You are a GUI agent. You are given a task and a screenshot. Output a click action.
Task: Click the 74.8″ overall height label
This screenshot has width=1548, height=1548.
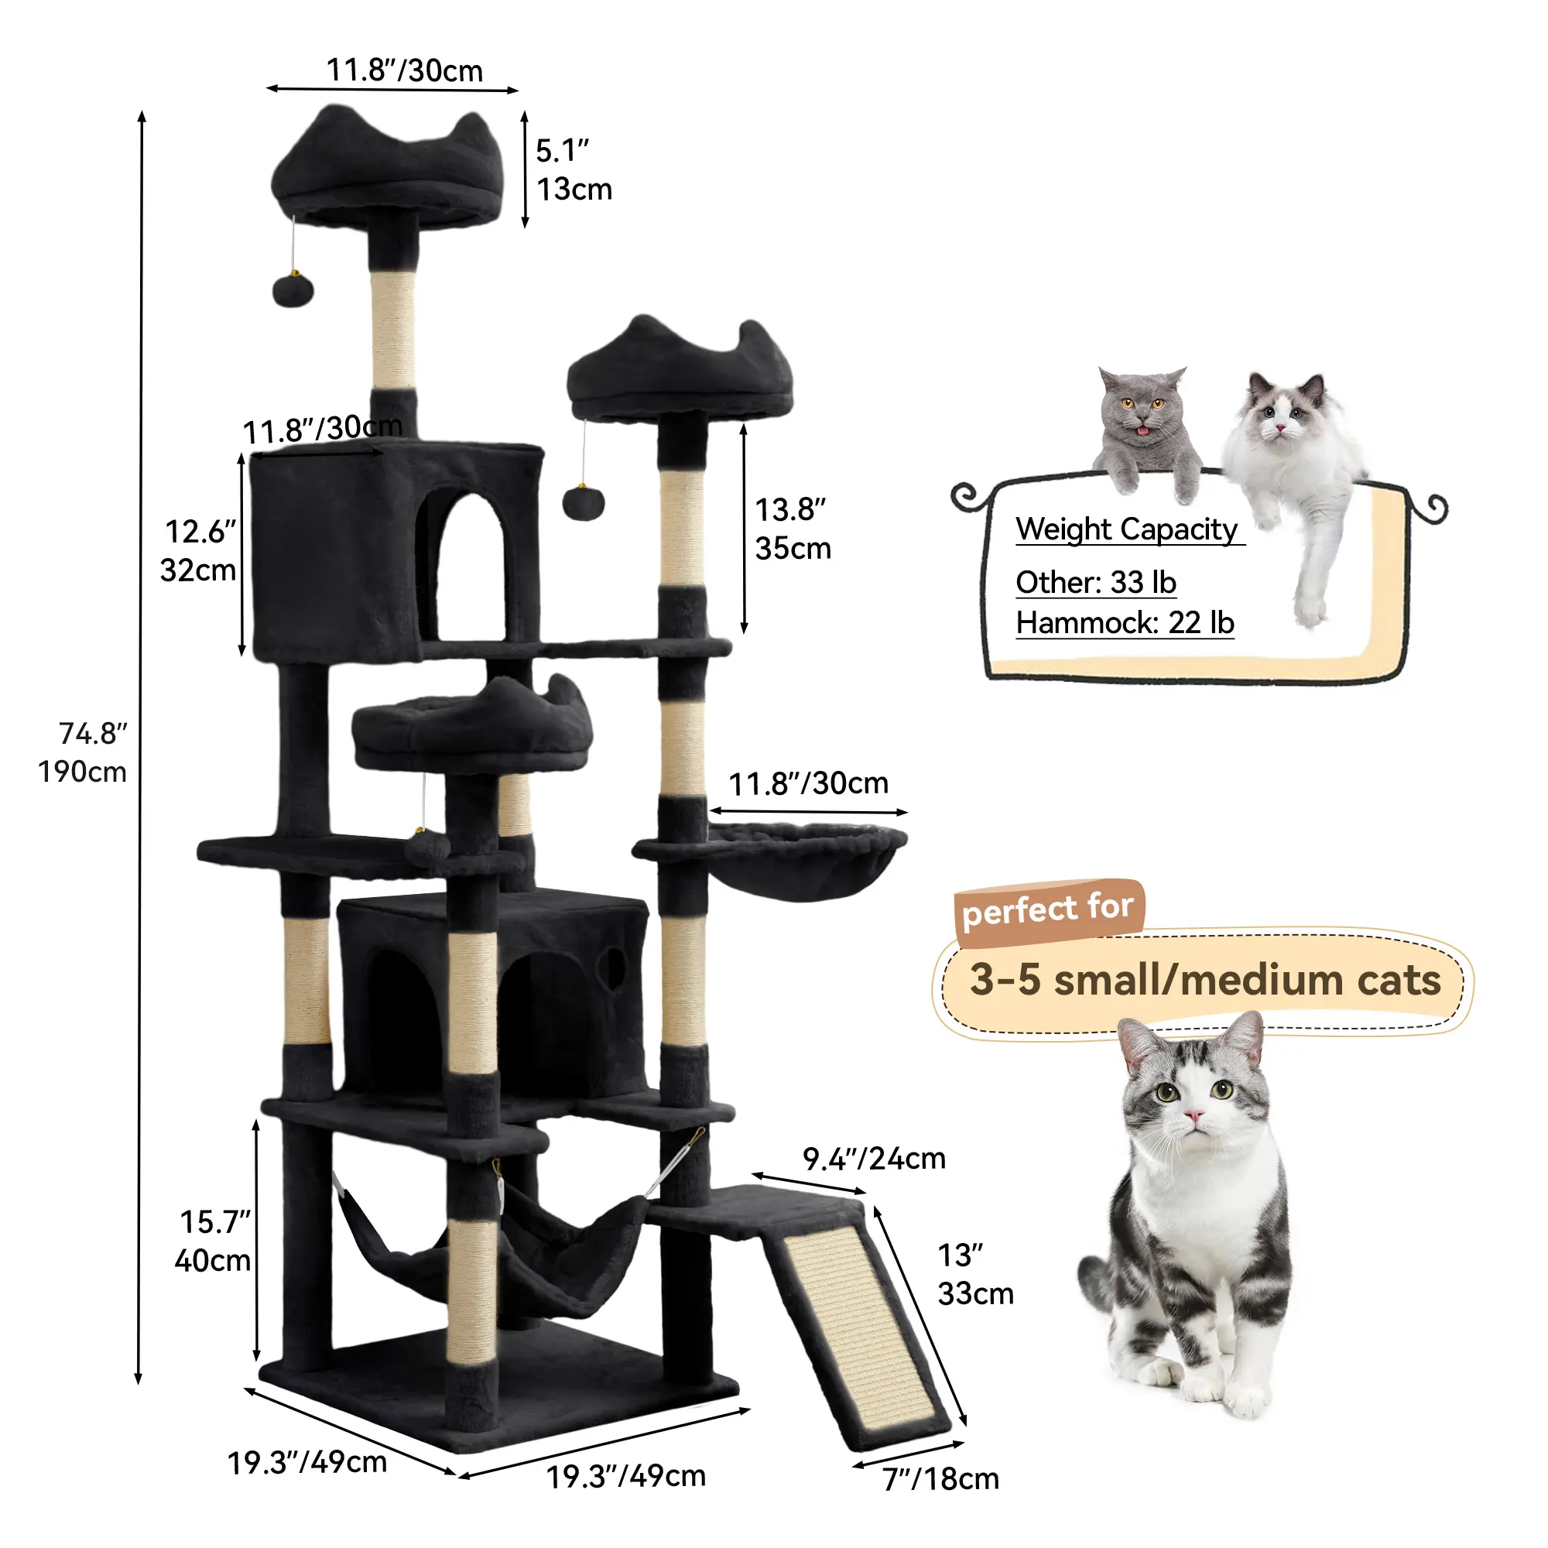[84, 752]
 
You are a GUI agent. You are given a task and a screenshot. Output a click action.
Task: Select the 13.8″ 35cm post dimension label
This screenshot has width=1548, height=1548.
[793, 529]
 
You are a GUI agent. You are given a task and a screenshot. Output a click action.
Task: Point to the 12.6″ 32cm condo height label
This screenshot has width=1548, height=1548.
[199, 550]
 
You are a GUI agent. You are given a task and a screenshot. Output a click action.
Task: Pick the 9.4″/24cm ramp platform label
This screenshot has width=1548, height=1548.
[874, 1159]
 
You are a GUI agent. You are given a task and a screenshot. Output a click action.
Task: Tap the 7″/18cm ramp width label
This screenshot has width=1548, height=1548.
[940, 1479]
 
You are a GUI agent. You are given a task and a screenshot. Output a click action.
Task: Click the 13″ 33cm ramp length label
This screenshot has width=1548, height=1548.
[975, 1274]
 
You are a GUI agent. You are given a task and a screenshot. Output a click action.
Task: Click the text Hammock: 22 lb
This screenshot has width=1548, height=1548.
[1125, 622]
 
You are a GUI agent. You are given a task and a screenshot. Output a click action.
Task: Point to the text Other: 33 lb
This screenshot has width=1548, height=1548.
[1096, 583]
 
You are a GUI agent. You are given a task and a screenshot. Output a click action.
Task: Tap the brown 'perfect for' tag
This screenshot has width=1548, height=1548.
[1049, 911]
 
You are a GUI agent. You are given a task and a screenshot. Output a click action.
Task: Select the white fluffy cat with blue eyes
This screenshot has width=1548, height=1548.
[1292, 488]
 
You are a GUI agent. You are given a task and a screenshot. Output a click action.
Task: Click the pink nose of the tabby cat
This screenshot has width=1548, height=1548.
[1194, 1116]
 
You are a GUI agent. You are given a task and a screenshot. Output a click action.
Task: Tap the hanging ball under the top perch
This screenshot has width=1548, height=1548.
[293, 290]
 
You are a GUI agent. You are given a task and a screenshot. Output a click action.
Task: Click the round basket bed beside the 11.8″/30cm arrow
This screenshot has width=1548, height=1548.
[807, 861]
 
